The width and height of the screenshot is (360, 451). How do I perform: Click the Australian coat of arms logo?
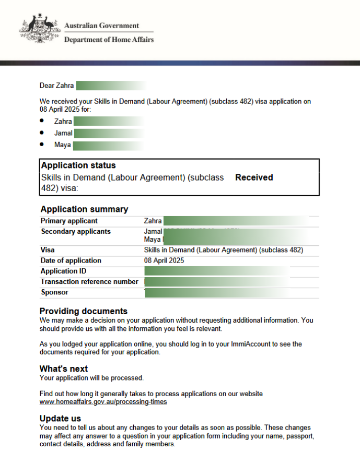tap(37, 30)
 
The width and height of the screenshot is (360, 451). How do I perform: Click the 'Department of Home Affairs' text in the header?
tap(109, 40)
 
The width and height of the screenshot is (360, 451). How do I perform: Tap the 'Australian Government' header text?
tap(101, 25)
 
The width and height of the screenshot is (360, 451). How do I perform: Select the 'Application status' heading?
tap(78, 165)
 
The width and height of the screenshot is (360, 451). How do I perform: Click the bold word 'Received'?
tap(254, 177)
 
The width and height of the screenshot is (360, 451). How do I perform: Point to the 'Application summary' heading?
tap(84, 209)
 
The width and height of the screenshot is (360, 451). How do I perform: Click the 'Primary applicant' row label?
tap(69, 221)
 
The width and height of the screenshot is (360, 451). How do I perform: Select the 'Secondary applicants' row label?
tap(76, 231)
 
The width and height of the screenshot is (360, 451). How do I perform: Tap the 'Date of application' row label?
tap(71, 260)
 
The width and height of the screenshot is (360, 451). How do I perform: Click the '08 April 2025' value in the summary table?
tap(164, 260)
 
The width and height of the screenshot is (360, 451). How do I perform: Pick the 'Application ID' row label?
tap(63, 271)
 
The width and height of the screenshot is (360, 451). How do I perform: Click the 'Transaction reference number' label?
tap(89, 282)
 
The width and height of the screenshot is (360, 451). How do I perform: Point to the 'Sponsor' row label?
tap(54, 292)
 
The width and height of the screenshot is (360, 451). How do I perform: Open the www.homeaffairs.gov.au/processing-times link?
tap(103, 402)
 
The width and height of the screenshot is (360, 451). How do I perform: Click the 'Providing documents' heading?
tap(84, 311)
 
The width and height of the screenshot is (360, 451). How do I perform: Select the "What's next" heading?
tap(64, 369)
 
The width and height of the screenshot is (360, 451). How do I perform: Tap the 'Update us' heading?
tap(60, 418)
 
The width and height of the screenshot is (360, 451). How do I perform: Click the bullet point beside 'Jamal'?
tap(42, 133)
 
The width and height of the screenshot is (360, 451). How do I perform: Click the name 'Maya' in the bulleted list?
tap(63, 145)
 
